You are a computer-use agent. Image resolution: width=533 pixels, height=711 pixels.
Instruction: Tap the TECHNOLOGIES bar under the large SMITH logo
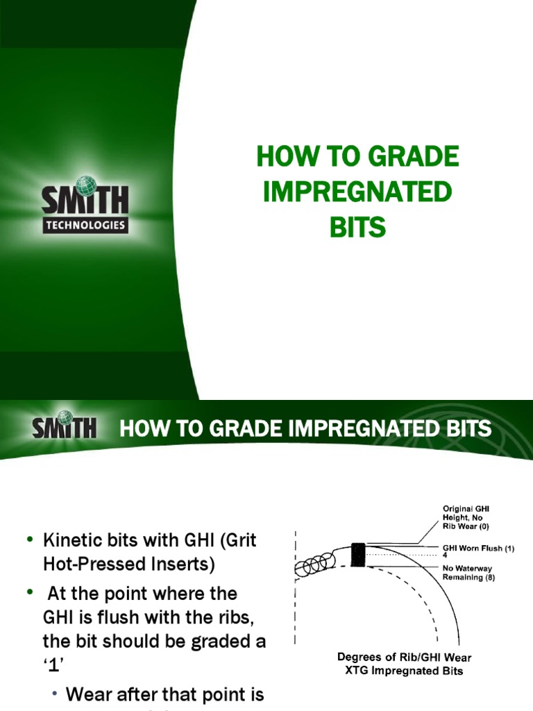[85, 225]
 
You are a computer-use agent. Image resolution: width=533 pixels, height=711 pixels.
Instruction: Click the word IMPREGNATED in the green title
[357, 192]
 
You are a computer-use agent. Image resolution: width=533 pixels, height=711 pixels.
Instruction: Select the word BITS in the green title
[357, 228]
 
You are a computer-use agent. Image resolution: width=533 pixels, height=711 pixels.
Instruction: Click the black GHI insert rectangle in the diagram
[358, 555]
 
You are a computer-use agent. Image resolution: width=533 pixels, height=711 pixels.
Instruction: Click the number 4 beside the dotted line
[445, 555]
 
